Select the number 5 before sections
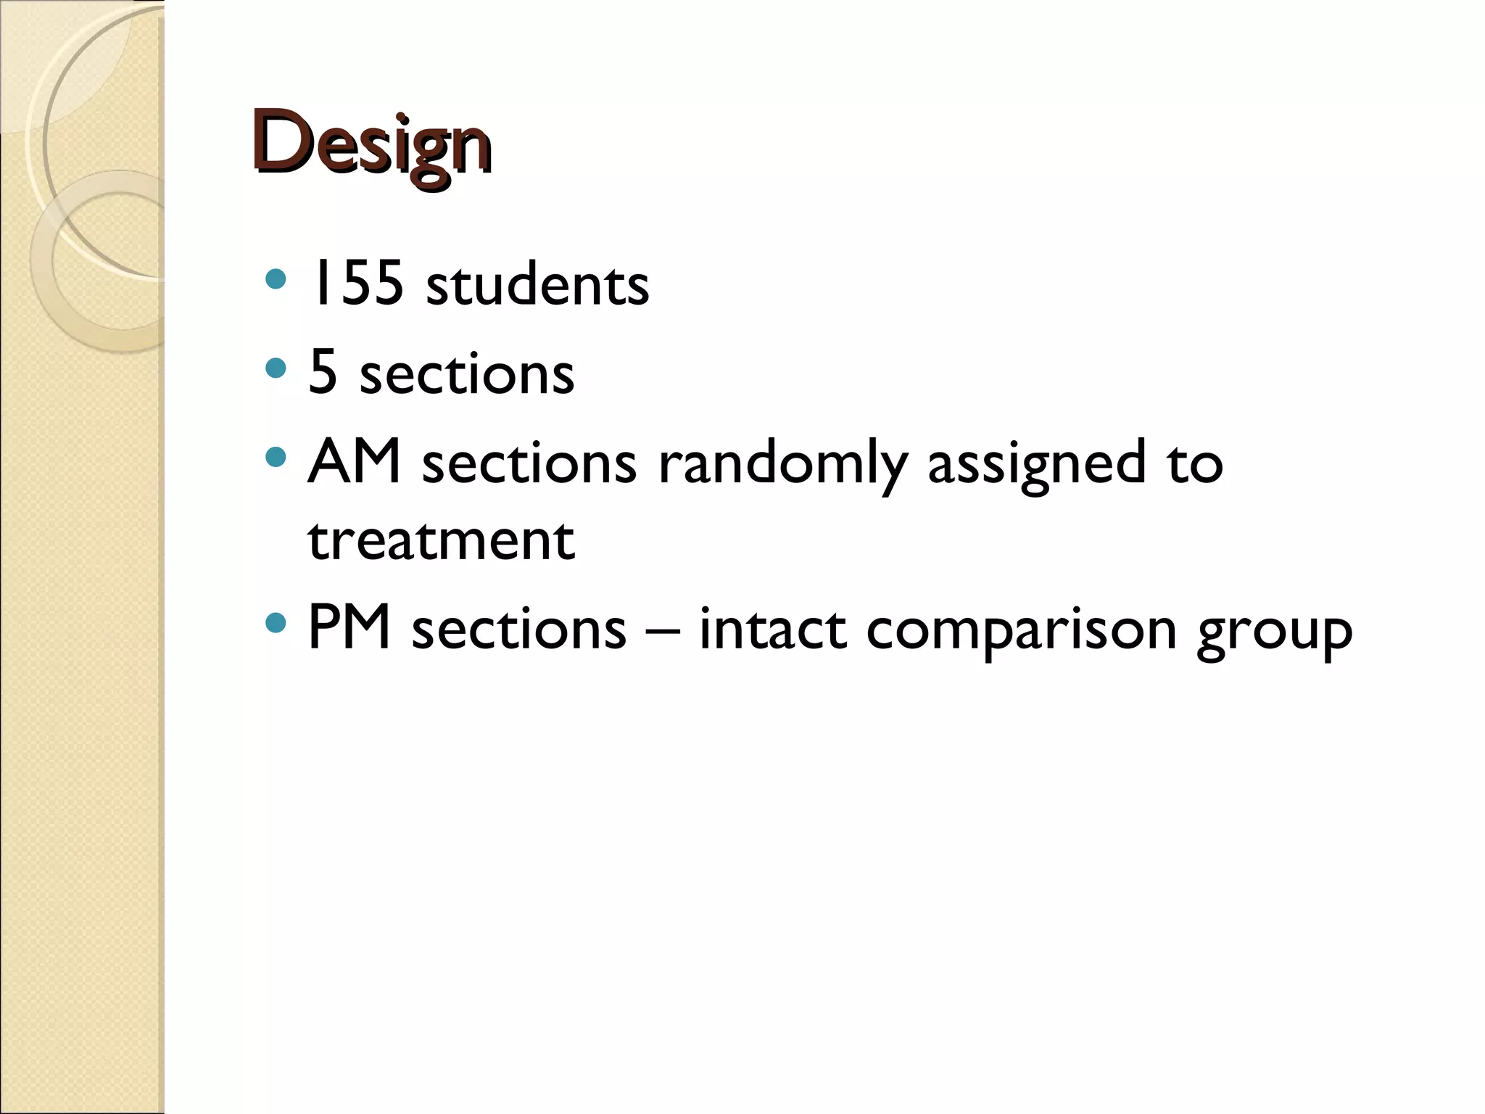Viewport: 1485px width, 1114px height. pos(323,372)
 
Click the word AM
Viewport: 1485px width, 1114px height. pos(354,461)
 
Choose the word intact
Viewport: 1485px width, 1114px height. pos(772,628)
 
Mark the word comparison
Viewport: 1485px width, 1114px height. pos(1021,630)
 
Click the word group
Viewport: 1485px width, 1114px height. pos(1274,631)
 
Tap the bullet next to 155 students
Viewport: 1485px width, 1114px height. pos(276,279)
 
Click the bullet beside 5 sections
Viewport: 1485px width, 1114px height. pos(276,369)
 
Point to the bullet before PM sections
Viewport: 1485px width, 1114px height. pos(276,622)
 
